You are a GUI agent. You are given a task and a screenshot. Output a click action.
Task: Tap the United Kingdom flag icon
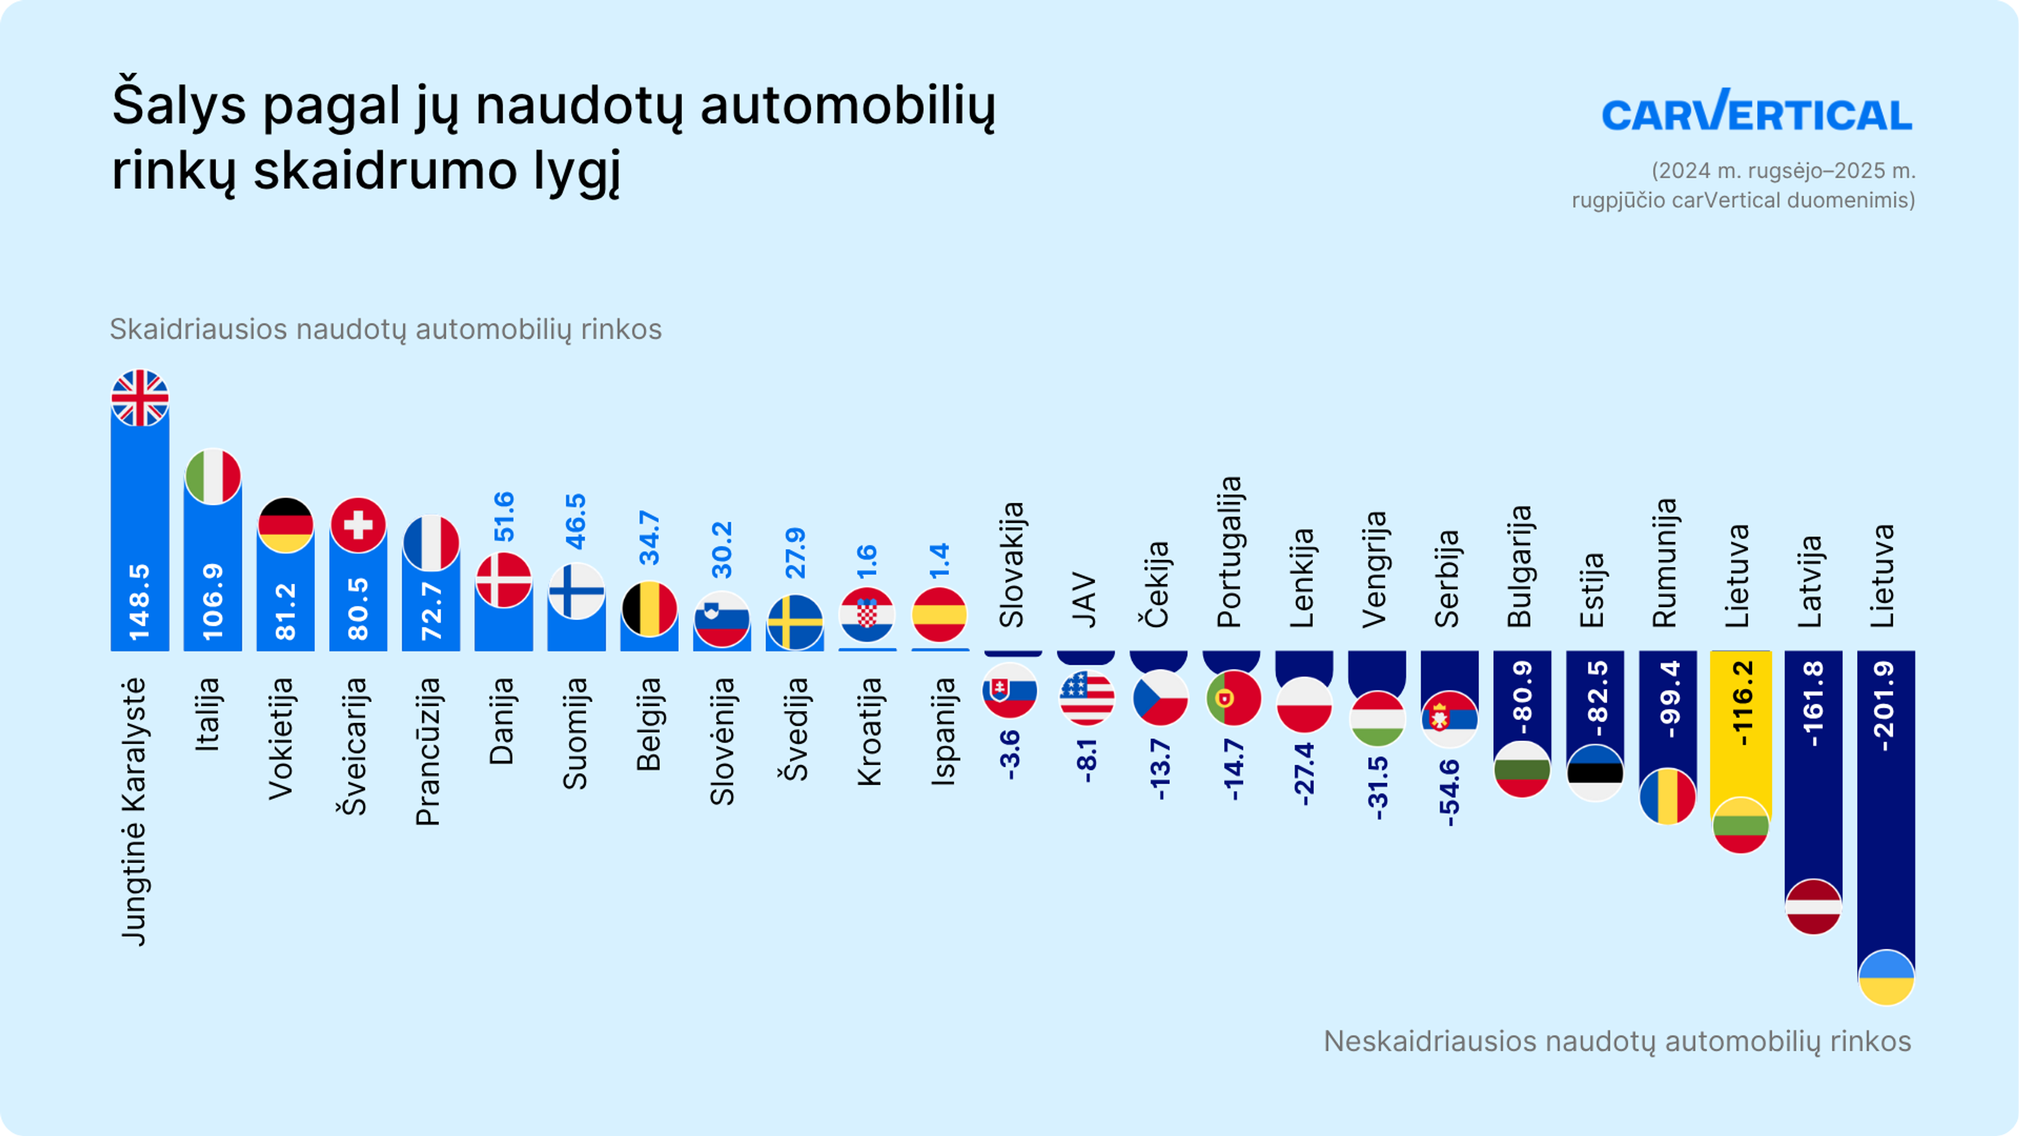point(139,398)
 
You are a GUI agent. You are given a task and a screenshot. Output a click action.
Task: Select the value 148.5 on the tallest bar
point(139,602)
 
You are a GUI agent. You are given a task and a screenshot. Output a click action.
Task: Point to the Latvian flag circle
point(1813,906)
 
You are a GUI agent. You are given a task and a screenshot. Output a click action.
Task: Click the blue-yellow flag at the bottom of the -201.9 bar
point(1886,977)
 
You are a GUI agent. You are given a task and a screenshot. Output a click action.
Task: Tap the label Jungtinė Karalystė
point(135,812)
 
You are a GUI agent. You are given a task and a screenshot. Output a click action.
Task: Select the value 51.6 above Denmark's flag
point(504,516)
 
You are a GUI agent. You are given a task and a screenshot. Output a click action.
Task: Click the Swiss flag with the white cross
point(358,524)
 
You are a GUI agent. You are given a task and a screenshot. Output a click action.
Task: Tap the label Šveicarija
point(355,746)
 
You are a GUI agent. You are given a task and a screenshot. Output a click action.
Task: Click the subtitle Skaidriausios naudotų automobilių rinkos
point(385,329)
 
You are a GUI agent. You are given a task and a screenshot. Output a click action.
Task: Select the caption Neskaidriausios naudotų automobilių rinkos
point(1617,1041)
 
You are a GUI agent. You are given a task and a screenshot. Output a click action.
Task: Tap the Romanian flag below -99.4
point(1667,797)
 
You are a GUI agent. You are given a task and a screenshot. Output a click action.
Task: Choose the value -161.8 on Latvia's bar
point(1813,703)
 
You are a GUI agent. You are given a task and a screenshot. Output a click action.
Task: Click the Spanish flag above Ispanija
point(939,615)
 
